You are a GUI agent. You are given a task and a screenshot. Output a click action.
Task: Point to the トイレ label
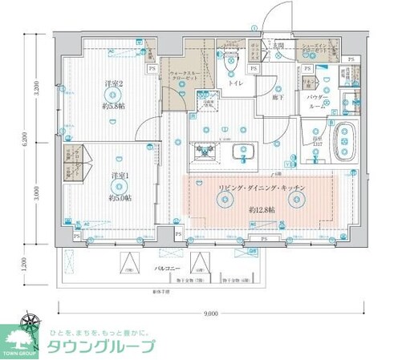[236, 83]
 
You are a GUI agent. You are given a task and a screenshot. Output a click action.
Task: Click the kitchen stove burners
[201, 150]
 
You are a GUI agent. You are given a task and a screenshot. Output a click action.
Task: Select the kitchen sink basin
[242, 150]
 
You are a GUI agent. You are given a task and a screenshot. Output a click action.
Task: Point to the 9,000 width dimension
[211, 313]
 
